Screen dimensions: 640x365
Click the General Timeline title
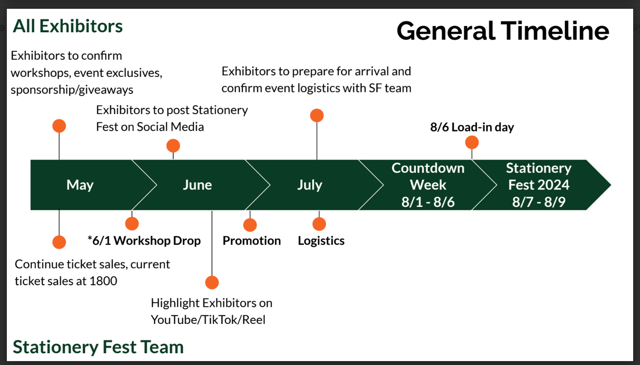pyautogui.click(x=503, y=31)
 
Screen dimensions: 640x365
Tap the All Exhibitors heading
pyautogui.click(x=68, y=26)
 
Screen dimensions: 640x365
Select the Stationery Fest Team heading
pyautogui.click(x=98, y=346)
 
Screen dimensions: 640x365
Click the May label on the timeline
pyautogui.click(x=80, y=185)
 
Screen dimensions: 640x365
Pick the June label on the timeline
pyautogui.click(x=197, y=185)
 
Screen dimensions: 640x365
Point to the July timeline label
pyautogui.click(x=309, y=185)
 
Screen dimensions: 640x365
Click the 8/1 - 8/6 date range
pyautogui.click(x=428, y=202)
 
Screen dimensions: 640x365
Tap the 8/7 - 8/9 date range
pyautogui.click(x=539, y=202)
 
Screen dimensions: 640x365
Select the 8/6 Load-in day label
pyautogui.click(x=472, y=127)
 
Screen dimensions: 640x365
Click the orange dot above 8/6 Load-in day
pyautogui.click(x=472, y=142)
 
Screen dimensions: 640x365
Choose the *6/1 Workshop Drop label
pyautogui.click(x=144, y=241)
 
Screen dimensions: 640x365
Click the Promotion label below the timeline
pyautogui.click(x=251, y=241)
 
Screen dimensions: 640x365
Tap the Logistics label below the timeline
pyautogui.click(x=321, y=241)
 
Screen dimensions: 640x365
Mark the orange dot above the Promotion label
pyautogui.click(x=250, y=225)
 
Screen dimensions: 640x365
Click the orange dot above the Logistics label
pyautogui.click(x=319, y=224)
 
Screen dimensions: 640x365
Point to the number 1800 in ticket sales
pyautogui.click(x=103, y=281)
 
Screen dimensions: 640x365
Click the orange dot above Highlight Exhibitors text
pyautogui.click(x=212, y=282)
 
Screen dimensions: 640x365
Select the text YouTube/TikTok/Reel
pyautogui.click(x=208, y=320)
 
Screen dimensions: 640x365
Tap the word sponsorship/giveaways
pyautogui.click(x=72, y=90)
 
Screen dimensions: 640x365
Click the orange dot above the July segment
pyautogui.click(x=317, y=115)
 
